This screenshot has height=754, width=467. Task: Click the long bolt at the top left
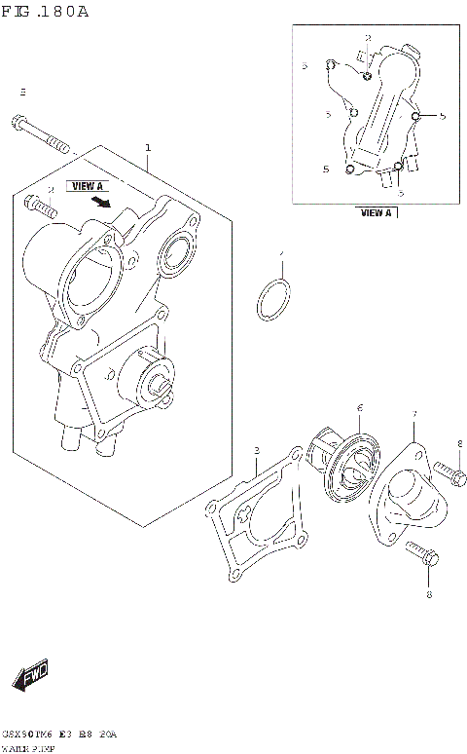[x=42, y=135]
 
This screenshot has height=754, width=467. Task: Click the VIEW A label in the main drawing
[x=86, y=185]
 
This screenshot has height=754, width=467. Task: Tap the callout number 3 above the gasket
[x=256, y=450]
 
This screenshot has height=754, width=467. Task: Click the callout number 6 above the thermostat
[x=359, y=408]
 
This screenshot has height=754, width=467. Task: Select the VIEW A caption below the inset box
[x=376, y=212]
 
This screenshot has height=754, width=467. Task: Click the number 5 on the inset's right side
[x=442, y=116]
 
